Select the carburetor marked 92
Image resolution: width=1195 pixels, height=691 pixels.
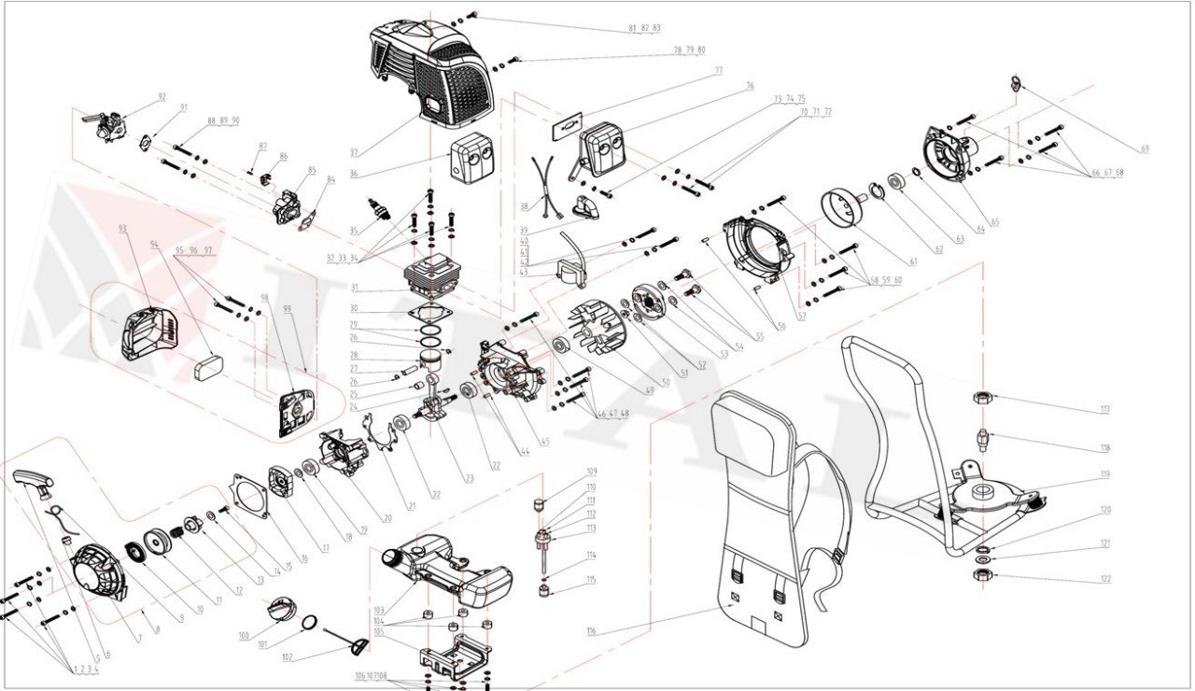(107, 123)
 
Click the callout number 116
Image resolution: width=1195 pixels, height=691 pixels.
(591, 632)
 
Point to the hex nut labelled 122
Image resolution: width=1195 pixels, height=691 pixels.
(983, 572)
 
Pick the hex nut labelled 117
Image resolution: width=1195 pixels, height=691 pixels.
(982, 397)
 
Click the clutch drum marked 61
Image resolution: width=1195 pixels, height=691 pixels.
(839, 207)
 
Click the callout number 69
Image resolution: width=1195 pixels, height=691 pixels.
(1145, 149)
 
